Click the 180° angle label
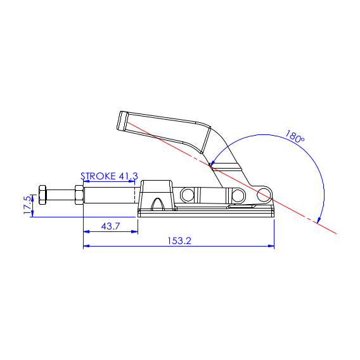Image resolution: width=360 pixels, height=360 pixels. pyautogui.click(x=295, y=137)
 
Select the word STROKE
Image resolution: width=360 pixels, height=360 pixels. pyautogui.click(x=98, y=176)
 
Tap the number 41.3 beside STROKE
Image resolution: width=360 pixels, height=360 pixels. pyautogui.click(x=128, y=176)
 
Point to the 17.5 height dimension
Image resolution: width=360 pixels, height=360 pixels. pyautogui.click(x=27, y=205)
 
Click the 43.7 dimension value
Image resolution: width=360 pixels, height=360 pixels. pyautogui.click(x=110, y=226)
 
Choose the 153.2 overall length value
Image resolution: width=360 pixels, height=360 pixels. pyautogui.click(x=179, y=241)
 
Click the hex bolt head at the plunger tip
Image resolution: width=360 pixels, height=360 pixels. pyautogui.click(x=42, y=195)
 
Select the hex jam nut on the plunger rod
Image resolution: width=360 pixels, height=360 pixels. pyautogui.click(x=79, y=195)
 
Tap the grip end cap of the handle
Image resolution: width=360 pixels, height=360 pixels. pyautogui.click(x=122, y=121)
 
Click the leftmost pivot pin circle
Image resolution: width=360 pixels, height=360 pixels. pyautogui.click(x=188, y=195)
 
